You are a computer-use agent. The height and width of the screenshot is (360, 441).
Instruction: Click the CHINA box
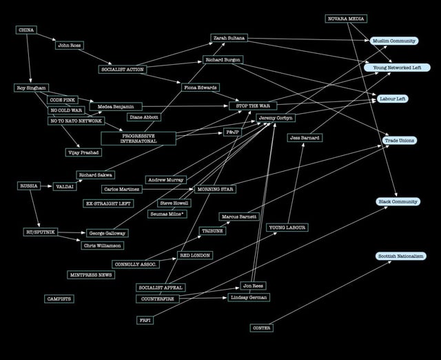click(25, 30)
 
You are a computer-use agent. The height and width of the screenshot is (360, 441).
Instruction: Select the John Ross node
click(69, 46)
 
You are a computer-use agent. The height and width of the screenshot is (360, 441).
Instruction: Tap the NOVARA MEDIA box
click(346, 19)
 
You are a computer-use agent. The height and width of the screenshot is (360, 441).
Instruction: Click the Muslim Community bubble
click(394, 41)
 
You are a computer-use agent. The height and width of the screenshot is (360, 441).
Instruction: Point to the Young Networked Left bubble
click(397, 68)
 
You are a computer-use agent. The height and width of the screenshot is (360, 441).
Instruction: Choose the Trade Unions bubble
click(400, 141)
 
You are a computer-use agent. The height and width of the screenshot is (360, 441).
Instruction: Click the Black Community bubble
click(398, 201)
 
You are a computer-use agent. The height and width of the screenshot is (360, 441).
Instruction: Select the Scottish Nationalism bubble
click(400, 256)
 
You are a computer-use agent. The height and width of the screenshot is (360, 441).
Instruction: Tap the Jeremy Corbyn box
click(277, 118)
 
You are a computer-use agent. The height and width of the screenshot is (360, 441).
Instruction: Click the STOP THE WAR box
click(252, 106)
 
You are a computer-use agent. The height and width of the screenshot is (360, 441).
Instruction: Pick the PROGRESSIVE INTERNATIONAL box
click(138, 139)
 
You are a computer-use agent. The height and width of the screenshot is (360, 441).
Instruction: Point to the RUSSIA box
click(29, 186)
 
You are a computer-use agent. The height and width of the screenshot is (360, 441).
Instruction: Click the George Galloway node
click(107, 233)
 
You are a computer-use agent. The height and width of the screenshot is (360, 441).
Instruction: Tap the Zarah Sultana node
click(229, 38)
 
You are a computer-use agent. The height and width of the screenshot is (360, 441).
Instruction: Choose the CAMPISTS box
click(59, 299)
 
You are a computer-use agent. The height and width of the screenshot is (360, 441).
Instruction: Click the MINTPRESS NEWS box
click(91, 274)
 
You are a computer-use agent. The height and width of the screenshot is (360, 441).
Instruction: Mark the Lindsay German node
click(248, 297)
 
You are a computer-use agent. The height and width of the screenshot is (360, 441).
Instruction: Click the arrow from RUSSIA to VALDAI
click(46, 186)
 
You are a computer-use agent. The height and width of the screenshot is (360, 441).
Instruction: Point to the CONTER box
click(261, 328)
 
